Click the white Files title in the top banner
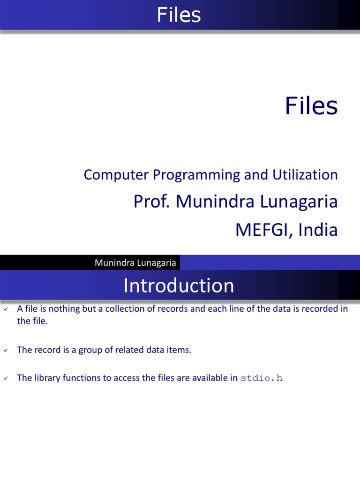pyautogui.click(x=179, y=15)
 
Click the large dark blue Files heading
pyautogui.click(x=311, y=106)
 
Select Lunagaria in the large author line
pyautogui.click(x=300, y=202)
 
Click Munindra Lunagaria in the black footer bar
pyautogui.click(x=135, y=263)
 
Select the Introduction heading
pyautogui.click(x=179, y=285)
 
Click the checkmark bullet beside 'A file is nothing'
pyautogui.click(x=6, y=309)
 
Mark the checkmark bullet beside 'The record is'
pyautogui.click(x=6, y=350)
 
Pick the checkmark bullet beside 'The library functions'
pyautogui.click(x=6, y=378)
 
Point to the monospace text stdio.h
pyautogui.click(x=261, y=378)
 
